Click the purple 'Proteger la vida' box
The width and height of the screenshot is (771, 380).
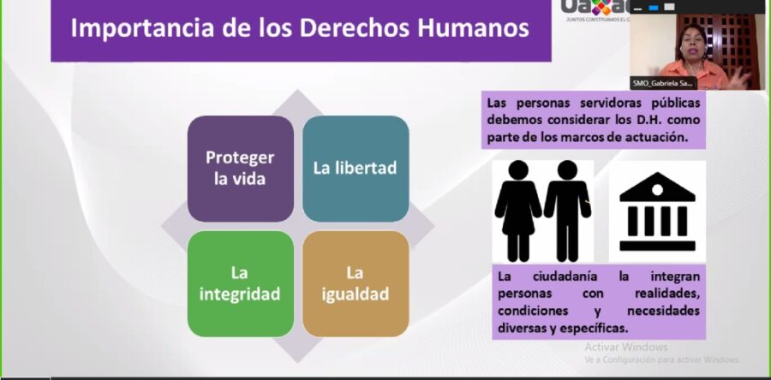[240, 169]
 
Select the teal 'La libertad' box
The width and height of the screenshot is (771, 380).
[355, 169]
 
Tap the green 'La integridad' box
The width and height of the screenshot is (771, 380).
[240, 284]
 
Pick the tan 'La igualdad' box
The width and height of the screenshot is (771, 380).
[355, 284]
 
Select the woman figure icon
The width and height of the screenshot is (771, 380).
[517, 209]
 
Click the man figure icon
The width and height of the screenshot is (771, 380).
[567, 209]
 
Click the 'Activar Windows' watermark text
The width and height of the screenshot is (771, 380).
[626, 347]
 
